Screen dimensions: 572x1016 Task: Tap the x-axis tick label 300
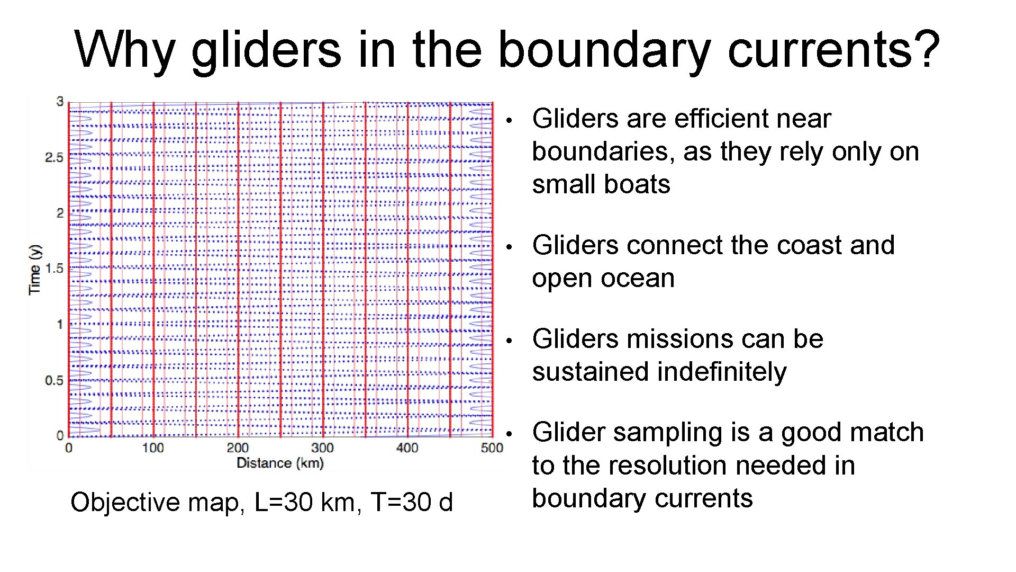pos(322,448)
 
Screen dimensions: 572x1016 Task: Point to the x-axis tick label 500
pos(492,448)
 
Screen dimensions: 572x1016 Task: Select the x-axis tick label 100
pos(152,448)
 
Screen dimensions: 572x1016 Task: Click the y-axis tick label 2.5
pos(53,157)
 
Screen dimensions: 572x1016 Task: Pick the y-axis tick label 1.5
pos(53,269)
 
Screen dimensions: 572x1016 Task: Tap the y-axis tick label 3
pos(60,101)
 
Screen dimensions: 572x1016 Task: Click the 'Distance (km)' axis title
pos(279,463)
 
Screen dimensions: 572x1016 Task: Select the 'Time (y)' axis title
pos(34,270)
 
